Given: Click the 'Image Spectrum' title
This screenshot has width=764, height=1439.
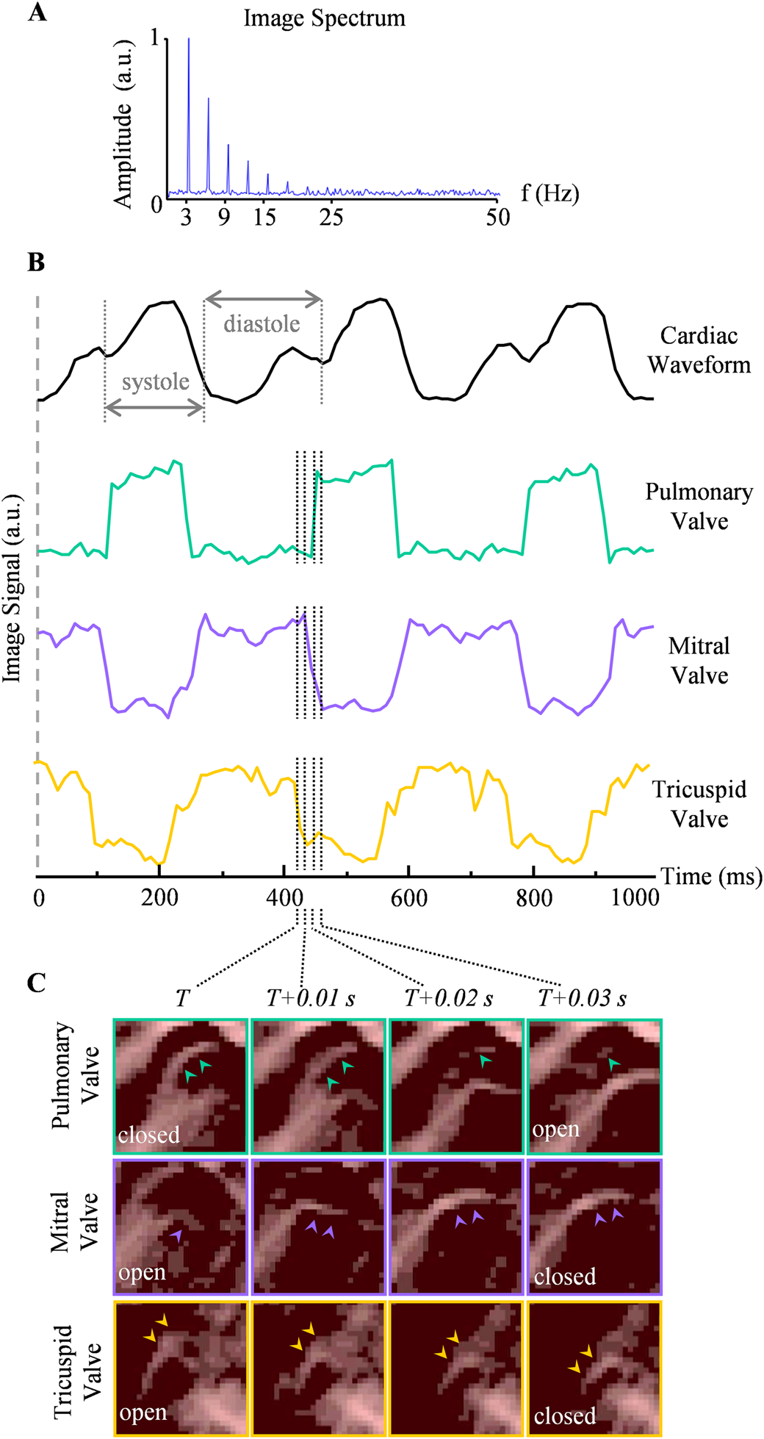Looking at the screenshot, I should [x=324, y=18].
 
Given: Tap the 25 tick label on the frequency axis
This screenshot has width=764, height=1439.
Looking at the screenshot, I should [x=331, y=217].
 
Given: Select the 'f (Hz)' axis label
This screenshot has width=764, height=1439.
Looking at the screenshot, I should [x=549, y=193].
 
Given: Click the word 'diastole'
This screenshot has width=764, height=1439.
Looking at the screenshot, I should [x=262, y=324].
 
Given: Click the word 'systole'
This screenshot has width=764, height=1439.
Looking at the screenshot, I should [x=155, y=382].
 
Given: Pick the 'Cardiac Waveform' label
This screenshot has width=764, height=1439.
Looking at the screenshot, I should [x=699, y=350].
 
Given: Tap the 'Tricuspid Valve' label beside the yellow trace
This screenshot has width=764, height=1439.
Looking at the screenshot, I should [x=699, y=804].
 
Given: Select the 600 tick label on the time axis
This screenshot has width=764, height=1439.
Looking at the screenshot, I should [x=408, y=898].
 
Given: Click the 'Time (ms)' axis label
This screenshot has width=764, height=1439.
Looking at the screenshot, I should [x=711, y=876].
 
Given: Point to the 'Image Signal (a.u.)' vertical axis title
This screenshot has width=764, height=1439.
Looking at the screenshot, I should [x=12, y=588].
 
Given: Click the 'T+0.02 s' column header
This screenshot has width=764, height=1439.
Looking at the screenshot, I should [x=448, y=998].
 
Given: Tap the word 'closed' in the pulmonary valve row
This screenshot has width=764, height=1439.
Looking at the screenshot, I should [x=148, y=1135].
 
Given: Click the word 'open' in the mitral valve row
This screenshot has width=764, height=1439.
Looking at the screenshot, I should [x=142, y=1272].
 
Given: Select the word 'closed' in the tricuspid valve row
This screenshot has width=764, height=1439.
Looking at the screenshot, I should [x=564, y=1415].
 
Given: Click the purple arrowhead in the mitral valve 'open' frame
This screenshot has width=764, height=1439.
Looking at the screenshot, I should [x=176, y=1236].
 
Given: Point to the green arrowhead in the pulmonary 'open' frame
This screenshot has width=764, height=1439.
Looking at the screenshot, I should [x=614, y=1063].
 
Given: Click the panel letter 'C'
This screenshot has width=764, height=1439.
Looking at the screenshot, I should [x=36, y=983].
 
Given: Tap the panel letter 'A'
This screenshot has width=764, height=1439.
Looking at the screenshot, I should [x=37, y=12].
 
